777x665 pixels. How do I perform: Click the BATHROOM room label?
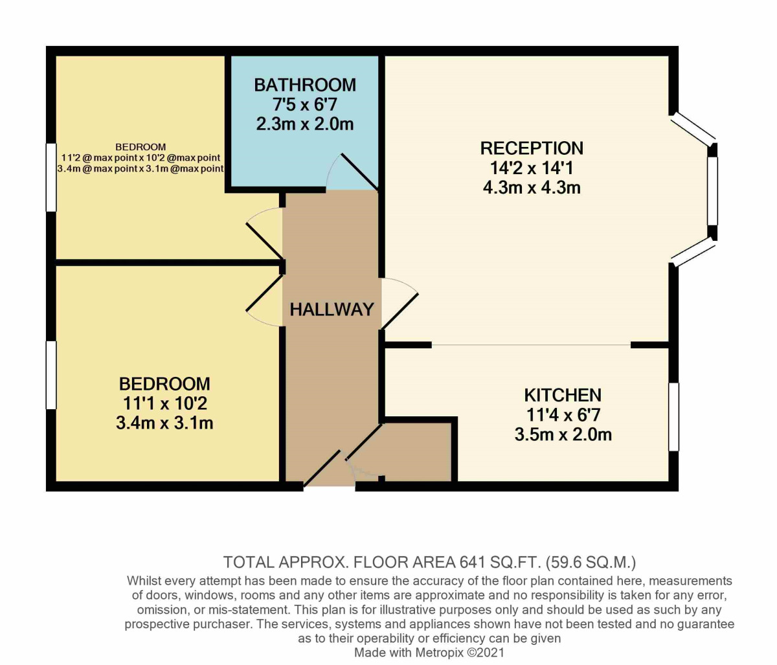(x=304, y=85)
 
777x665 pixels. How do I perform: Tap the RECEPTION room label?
(x=532, y=148)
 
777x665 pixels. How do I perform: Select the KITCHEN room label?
(x=562, y=395)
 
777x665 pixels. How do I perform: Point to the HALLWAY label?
(x=332, y=310)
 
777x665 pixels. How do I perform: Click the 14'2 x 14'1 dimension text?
(x=532, y=168)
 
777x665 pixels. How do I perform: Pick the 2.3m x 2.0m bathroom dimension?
(x=304, y=124)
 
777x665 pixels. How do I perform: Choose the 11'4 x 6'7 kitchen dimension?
(x=562, y=414)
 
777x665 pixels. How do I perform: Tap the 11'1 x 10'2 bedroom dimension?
(x=165, y=403)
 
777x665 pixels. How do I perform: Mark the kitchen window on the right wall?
(x=673, y=416)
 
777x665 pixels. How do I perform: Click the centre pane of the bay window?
(x=712, y=191)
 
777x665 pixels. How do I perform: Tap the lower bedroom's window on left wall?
(x=51, y=374)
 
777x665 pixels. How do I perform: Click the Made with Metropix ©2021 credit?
(x=429, y=653)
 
